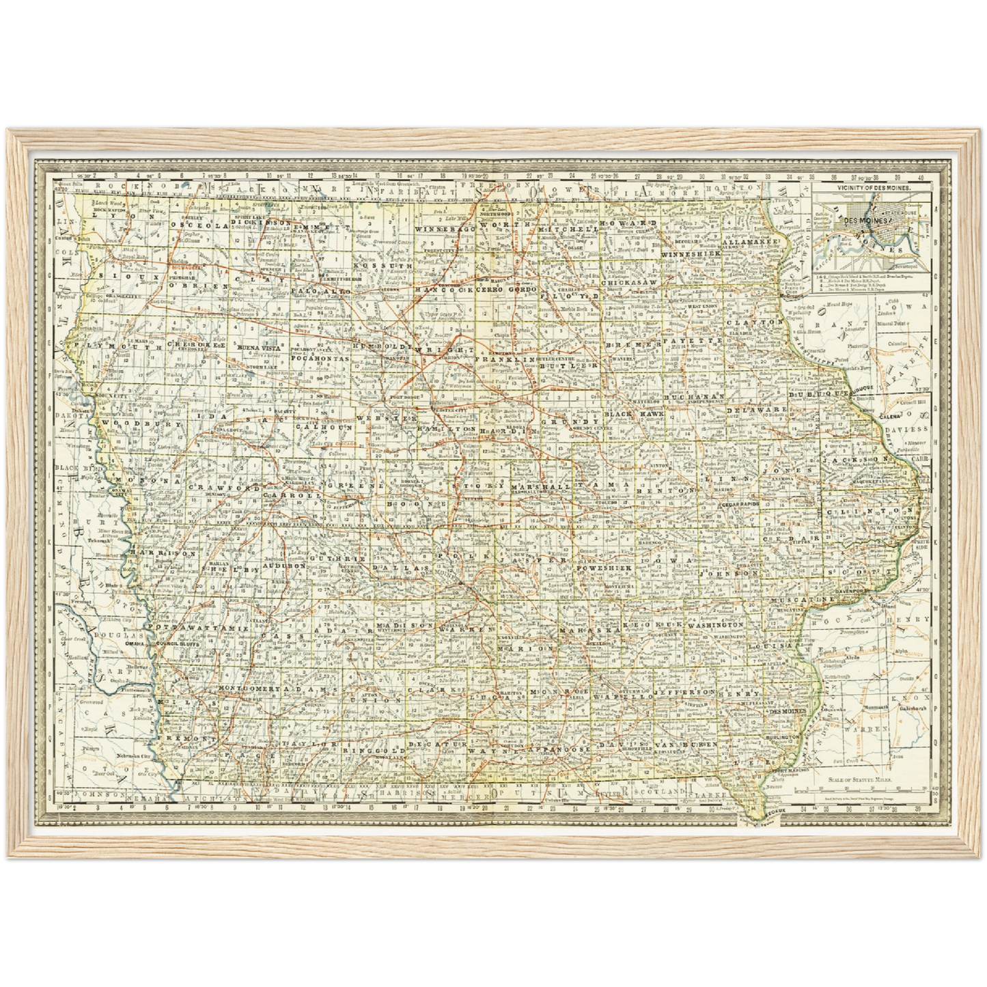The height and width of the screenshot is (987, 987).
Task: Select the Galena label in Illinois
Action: point(890,415)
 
